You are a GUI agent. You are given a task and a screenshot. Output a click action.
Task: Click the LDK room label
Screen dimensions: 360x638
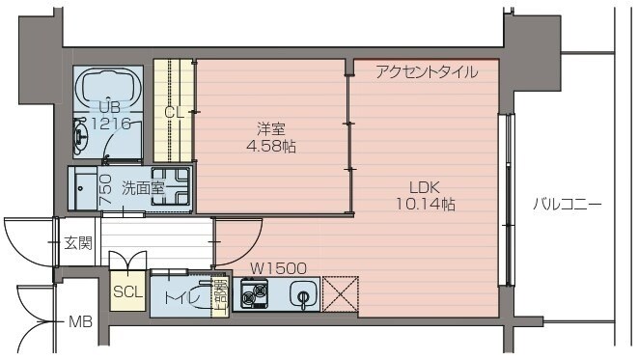[x=424, y=186]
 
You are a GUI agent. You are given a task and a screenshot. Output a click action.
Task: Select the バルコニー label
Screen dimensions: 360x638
[x=568, y=205]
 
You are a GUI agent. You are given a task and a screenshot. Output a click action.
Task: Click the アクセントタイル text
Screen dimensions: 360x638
[x=425, y=70]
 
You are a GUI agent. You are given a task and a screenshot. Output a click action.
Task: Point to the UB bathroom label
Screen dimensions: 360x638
[x=107, y=106]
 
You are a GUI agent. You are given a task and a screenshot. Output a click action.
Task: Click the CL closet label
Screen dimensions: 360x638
[x=174, y=112]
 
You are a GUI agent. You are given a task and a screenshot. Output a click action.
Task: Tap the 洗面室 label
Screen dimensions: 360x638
[x=142, y=188]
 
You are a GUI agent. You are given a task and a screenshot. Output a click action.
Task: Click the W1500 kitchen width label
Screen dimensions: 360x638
[x=278, y=268]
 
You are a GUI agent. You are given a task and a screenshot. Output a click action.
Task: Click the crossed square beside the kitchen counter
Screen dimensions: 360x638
[x=340, y=293]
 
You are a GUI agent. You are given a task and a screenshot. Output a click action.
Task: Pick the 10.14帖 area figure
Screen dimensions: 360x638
[x=425, y=205]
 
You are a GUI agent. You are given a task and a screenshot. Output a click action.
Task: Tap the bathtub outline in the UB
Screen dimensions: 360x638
[x=108, y=92]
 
